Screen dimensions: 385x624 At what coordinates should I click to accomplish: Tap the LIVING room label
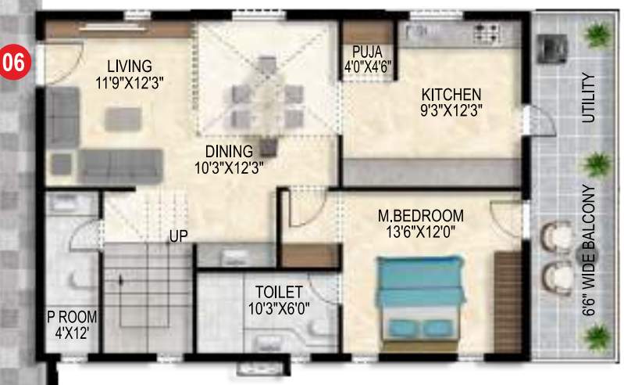(x=130, y=66)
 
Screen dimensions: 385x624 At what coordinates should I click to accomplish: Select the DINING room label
(x=229, y=151)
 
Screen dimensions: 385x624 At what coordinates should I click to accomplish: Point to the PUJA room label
(x=360, y=52)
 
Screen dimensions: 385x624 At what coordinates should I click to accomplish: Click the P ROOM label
(x=71, y=317)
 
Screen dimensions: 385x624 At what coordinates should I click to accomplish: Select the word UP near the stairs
(x=179, y=234)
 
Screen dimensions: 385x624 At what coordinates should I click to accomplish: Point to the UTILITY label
(x=588, y=98)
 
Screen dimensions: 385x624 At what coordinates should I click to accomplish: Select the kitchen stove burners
(x=487, y=32)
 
